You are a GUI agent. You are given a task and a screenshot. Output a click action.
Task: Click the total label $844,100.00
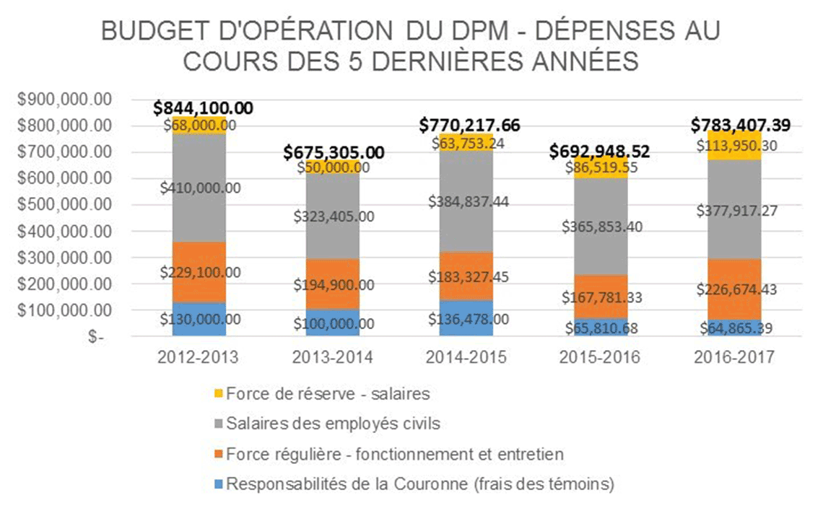(203, 108)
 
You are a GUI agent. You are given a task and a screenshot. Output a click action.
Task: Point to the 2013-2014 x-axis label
(333, 357)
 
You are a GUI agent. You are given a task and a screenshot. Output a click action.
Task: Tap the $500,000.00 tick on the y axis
(64, 205)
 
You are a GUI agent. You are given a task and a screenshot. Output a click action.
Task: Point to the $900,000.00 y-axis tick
(64, 100)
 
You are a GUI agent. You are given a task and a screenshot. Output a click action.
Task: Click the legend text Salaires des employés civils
(333, 424)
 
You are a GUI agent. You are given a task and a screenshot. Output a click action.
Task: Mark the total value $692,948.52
(599, 152)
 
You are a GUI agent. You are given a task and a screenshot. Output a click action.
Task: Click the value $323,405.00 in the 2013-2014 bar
(333, 215)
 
